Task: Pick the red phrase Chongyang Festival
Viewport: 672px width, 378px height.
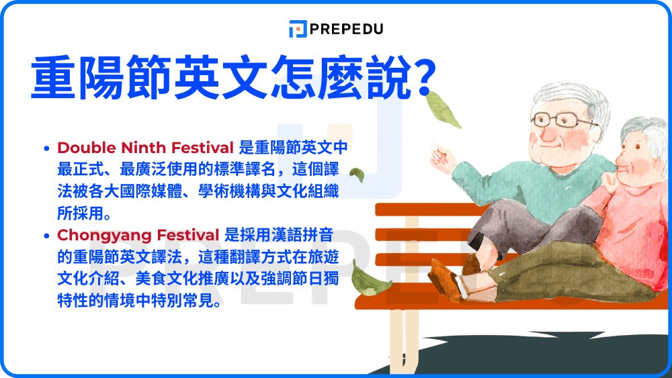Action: click(x=138, y=235)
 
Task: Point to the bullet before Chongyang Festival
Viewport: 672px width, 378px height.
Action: click(x=46, y=236)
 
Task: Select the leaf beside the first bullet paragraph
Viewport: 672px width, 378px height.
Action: click(x=358, y=176)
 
